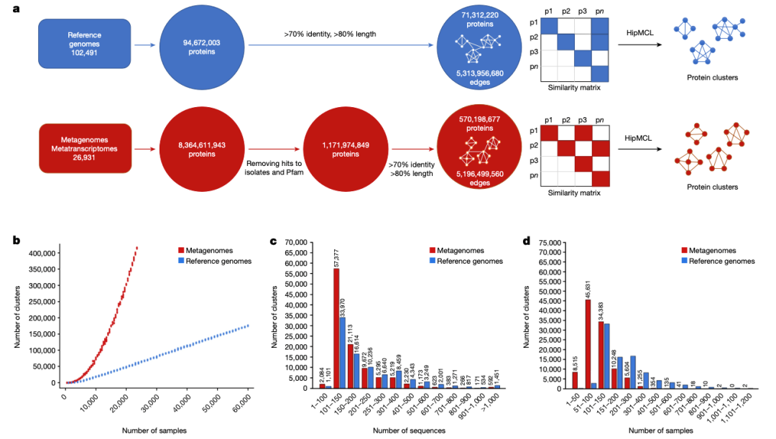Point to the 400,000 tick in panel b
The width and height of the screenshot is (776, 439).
(x=40, y=253)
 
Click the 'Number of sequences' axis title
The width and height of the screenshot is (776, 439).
(x=419, y=430)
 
